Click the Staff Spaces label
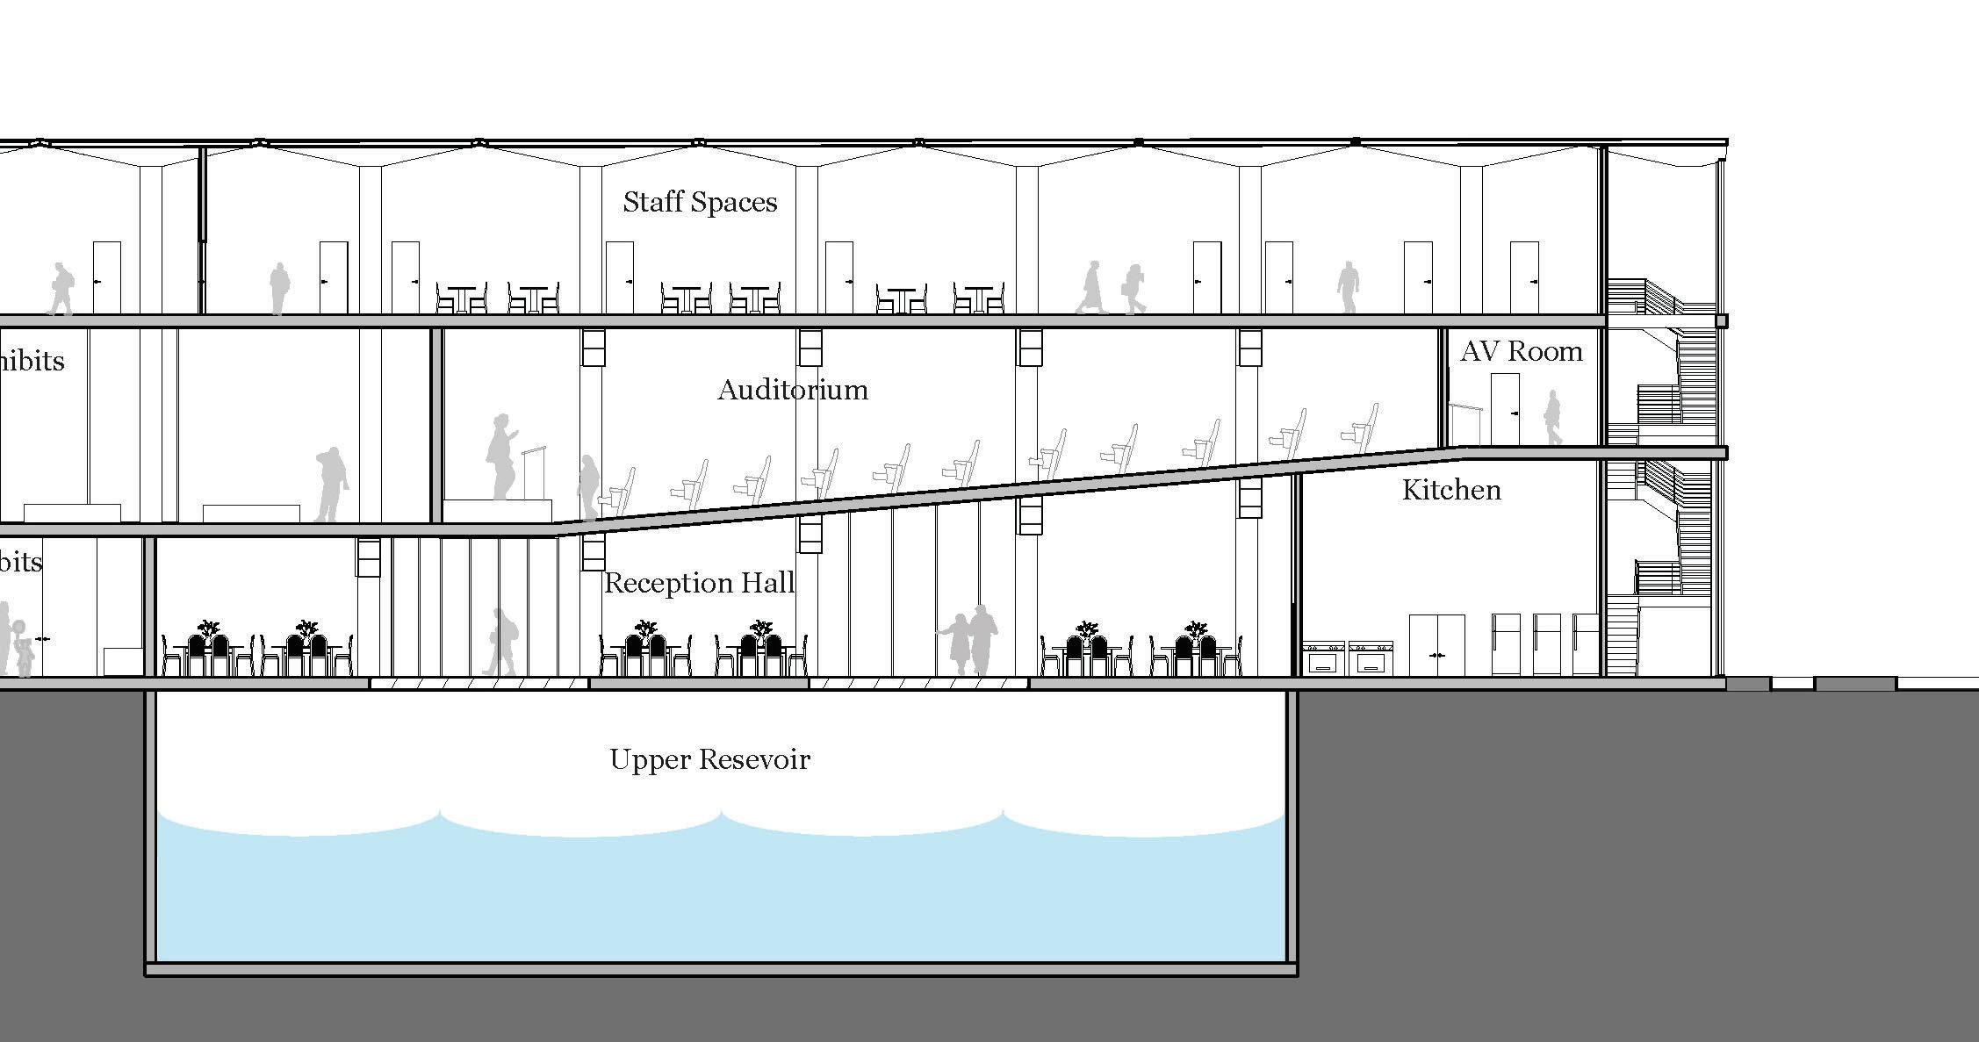point(700,203)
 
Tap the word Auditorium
point(792,390)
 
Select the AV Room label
point(1521,352)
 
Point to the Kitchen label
point(1450,490)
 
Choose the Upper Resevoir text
point(709,759)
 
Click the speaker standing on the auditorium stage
point(501,456)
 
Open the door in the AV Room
point(1505,408)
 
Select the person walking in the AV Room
point(1553,418)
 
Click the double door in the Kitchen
point(1436,644)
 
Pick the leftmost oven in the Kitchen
point(1323,658)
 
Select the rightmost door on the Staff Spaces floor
point(1523,277)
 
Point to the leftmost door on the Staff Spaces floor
point(106,277)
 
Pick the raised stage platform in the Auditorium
point(497,511)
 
